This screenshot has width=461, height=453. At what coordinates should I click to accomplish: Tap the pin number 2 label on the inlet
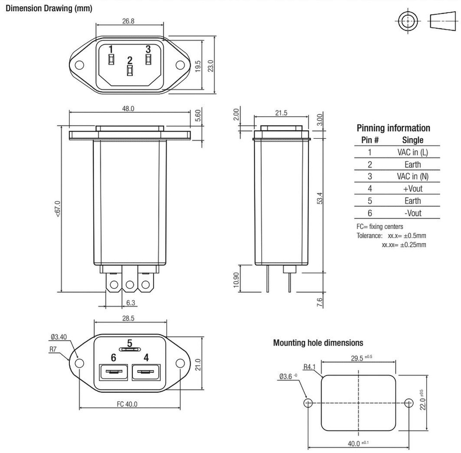point(130,60)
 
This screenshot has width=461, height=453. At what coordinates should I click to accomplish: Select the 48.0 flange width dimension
point(128,109)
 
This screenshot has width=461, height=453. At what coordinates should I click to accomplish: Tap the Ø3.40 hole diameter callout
point(59,336)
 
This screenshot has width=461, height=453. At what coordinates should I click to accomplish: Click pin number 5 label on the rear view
point(130,343)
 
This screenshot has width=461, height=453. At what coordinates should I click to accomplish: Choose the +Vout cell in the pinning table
point(412,189)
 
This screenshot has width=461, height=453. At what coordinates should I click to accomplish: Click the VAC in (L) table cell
point(412,152)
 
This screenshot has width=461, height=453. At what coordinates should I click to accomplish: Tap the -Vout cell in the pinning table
point(412,213)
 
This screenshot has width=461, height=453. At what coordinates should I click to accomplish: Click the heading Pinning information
point(393,128)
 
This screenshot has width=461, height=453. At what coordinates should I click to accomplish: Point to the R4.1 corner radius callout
point(309,367)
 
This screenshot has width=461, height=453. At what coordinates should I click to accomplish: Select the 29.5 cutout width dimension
point(360,358)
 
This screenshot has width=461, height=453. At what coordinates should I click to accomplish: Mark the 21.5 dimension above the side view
point(281,113)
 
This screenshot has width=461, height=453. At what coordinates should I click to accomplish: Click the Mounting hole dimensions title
point(318,343)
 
